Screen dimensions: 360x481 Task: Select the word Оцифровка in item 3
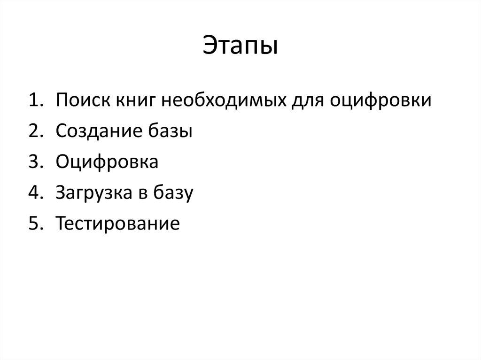(107, 163)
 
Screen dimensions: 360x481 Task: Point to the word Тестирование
(117, 223)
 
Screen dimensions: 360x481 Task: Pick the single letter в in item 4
(142, 193)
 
